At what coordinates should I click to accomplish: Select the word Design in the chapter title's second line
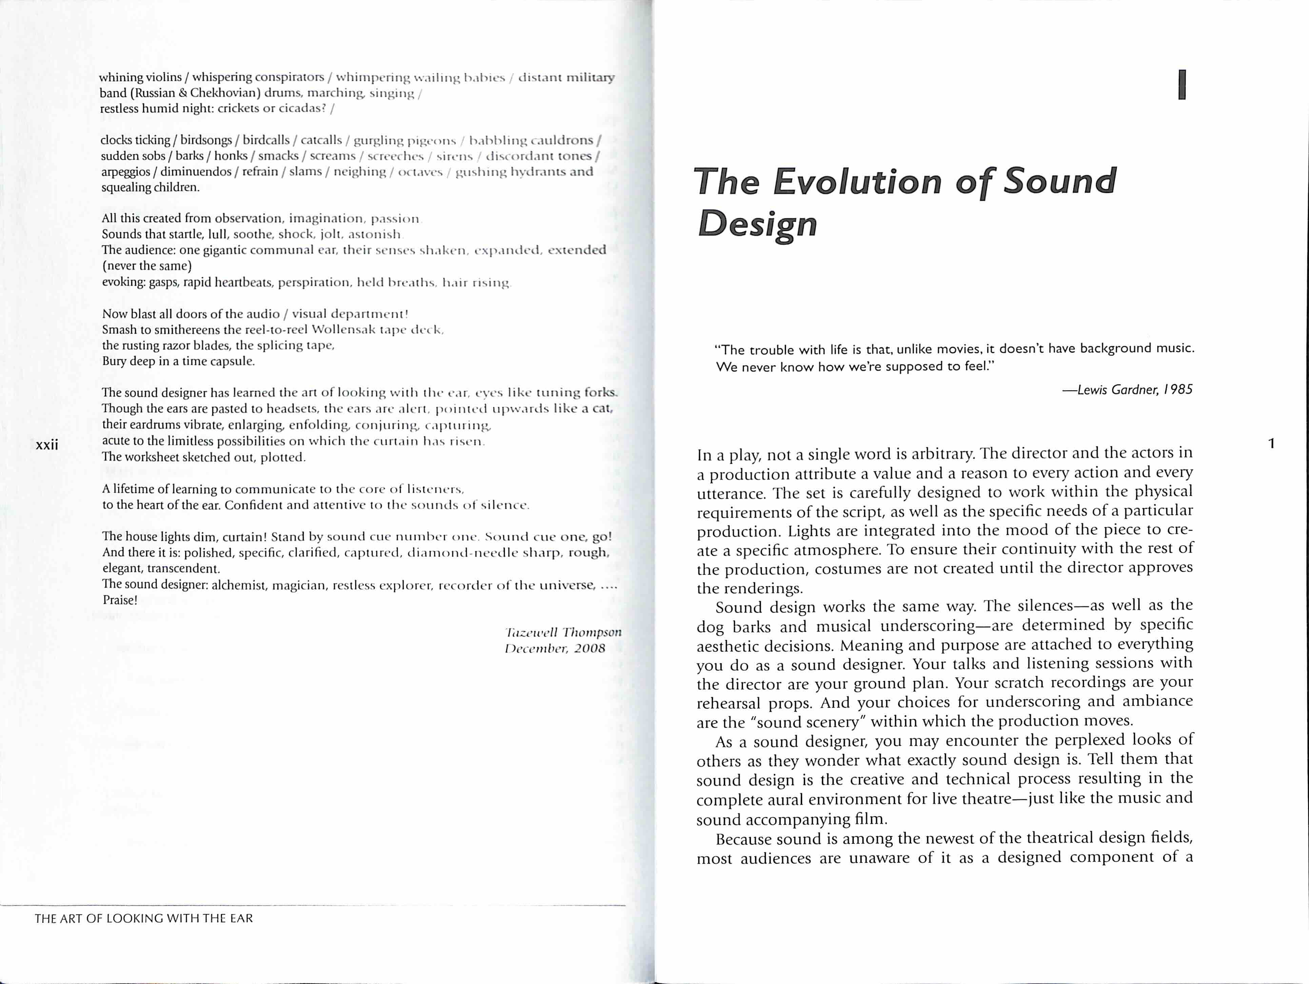click(x=757, y=224)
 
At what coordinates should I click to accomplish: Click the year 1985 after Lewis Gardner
click(x=1178, y=389)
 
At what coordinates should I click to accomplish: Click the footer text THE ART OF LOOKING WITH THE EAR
click(x=144, y=918)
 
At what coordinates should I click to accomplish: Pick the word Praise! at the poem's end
click(x=120, y=600)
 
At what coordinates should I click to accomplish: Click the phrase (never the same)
click(x=147, y=266)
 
